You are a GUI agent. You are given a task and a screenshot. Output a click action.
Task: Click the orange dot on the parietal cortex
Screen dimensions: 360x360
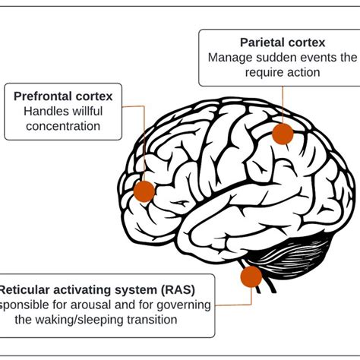tap(283, 134)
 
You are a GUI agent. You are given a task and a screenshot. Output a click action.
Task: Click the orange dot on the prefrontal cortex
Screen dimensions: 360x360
tap(144, 191)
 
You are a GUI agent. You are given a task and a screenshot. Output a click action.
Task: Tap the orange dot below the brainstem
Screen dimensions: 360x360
tap(251, 276)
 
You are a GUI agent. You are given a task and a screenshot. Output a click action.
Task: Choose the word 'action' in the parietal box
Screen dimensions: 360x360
tap(301, 72)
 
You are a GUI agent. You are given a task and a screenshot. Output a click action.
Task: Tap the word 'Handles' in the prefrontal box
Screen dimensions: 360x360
tap(44, 112)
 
